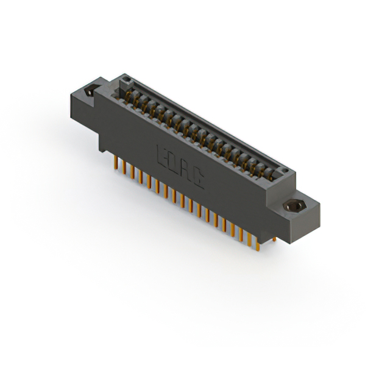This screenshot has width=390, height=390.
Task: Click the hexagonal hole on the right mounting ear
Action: [294, 205]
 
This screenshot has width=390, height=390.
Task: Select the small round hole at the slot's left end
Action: [125, 79]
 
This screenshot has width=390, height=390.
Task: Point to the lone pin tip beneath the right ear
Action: [274, 239]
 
